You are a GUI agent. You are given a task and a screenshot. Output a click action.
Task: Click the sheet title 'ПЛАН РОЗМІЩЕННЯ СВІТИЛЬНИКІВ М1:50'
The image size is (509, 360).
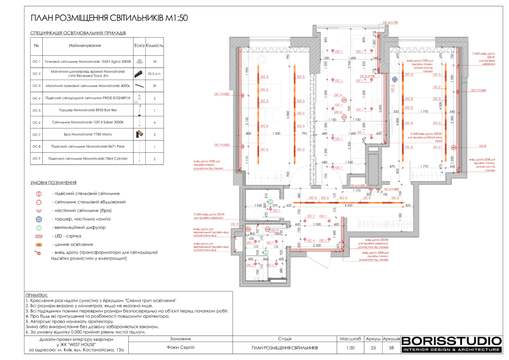102,18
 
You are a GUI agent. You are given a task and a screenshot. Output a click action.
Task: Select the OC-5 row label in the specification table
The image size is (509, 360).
36,110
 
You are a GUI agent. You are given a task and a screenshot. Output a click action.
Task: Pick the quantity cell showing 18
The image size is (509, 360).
155,61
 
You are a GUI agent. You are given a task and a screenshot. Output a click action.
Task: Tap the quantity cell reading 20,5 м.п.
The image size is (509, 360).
155,74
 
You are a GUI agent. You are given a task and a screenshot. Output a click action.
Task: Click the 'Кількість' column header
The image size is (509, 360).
155,46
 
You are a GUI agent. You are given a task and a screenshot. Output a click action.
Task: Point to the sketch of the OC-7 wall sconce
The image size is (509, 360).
139,134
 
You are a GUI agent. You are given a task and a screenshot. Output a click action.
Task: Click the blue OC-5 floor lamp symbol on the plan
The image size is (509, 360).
394,79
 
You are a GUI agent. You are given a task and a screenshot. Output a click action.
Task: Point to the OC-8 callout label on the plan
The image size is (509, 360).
483,146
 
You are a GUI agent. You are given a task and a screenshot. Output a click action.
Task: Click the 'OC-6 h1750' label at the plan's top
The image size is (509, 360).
390,23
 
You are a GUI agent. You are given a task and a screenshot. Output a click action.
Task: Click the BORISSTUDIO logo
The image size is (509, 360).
451,341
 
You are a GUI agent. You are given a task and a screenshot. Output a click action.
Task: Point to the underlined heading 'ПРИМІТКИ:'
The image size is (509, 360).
36,295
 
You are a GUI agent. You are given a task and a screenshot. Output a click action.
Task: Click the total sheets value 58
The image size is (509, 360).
391,348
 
